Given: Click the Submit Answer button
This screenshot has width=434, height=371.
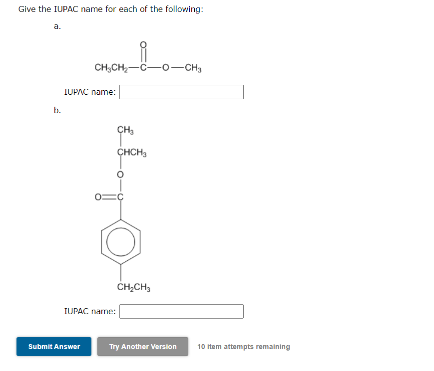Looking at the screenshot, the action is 54,347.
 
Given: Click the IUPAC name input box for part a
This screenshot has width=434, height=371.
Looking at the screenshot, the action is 181,92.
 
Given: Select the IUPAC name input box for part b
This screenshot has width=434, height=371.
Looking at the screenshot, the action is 181,311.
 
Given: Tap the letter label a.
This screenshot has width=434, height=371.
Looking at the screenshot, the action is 57,26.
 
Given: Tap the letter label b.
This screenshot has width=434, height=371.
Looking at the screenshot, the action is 57,110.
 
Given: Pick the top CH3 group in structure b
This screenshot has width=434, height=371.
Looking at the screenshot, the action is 125,131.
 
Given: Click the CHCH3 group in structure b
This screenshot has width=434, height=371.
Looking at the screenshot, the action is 132,153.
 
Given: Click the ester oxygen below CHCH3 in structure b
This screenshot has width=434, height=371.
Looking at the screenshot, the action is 120,175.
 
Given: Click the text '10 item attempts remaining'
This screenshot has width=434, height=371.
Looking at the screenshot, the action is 243,347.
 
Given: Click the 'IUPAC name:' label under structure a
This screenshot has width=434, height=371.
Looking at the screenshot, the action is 90,92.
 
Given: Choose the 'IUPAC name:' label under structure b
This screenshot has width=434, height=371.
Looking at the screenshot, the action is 90,311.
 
